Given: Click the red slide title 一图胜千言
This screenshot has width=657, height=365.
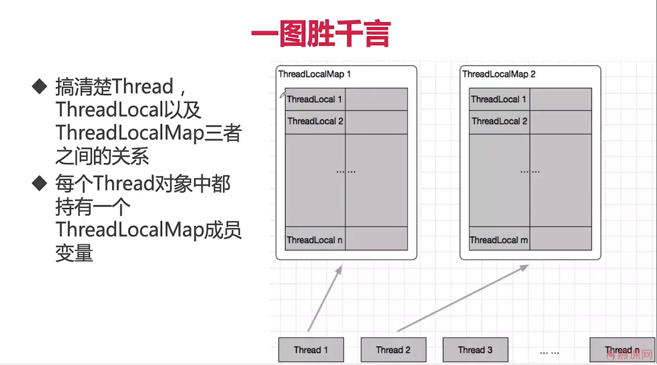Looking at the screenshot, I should [x=321, y=34].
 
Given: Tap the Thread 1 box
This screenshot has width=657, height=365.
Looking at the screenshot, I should [x=311, y=350].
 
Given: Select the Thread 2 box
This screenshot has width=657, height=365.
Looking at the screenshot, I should [x=393, y=350].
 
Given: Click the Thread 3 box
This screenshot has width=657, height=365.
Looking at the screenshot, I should [x=475, y=350].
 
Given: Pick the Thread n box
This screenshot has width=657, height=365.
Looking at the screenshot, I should [x=622, y=350].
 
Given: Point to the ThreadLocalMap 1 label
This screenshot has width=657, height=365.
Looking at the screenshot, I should [x=314, y=74].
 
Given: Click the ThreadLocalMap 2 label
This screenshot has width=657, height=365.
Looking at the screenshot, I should [x=499, y=74].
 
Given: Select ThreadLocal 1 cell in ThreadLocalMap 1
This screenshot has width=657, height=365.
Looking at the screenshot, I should [x=315, y=99].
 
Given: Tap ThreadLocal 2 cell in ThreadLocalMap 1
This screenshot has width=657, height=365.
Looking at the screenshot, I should [x=315, y=122].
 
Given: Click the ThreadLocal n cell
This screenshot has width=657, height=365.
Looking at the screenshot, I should [x=315, y=240].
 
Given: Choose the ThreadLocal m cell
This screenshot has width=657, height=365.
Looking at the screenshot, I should [x=499, y=240].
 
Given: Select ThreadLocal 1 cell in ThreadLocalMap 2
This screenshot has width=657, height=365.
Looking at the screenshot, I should [x=499, y=99].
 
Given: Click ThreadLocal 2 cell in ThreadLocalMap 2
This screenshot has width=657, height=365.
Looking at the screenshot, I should [x=499, y=122].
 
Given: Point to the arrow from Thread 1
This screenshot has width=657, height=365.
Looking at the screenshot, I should [x=325, y=298].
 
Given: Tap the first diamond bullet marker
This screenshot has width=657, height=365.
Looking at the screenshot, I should [x=39, y=86].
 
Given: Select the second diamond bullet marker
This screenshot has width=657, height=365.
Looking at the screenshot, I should [x=39, y=183].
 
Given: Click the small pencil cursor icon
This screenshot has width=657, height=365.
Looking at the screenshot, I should [x=282, y=95].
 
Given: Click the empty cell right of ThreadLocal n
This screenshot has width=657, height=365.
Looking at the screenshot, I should [x=376, y=239].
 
